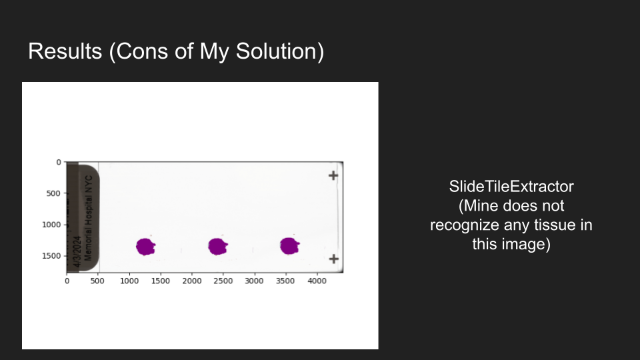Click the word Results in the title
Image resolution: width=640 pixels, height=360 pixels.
pos(65,51)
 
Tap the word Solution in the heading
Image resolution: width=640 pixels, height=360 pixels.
pos(280,52)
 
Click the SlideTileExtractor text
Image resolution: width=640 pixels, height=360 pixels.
pos(511,187)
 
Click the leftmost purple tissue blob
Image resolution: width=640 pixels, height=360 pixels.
pos(145,247)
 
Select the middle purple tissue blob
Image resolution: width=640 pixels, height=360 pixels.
pos(217,246)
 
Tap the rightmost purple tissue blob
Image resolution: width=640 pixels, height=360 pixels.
pos(289,246)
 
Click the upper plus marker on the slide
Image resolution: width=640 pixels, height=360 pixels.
pos(333,175)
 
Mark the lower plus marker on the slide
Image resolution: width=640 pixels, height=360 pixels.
pos(333,259)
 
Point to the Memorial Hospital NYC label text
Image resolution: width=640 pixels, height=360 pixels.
pos(89,218)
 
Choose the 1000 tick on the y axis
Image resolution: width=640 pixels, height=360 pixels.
pos(51,225)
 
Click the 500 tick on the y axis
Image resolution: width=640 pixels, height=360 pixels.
pos(53,193)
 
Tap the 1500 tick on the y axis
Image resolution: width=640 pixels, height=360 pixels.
pos(51,256)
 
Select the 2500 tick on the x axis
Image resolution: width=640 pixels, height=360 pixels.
pos(223,281)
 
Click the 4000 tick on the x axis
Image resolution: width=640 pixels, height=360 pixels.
pos(317,281)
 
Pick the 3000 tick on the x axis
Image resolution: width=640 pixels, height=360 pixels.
pos(254,281)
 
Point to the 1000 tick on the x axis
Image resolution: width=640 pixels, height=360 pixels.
pos(129,281)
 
